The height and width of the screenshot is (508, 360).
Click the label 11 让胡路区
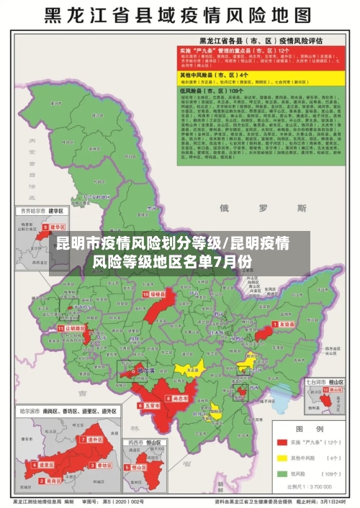[73, 327]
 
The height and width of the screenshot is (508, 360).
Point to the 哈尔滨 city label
[145, 372]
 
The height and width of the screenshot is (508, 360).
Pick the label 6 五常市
[149, 405]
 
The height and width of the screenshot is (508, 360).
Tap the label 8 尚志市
[179, 398]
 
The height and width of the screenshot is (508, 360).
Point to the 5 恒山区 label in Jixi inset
[140, 466]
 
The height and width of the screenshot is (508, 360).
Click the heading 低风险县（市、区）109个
[216, 91]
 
